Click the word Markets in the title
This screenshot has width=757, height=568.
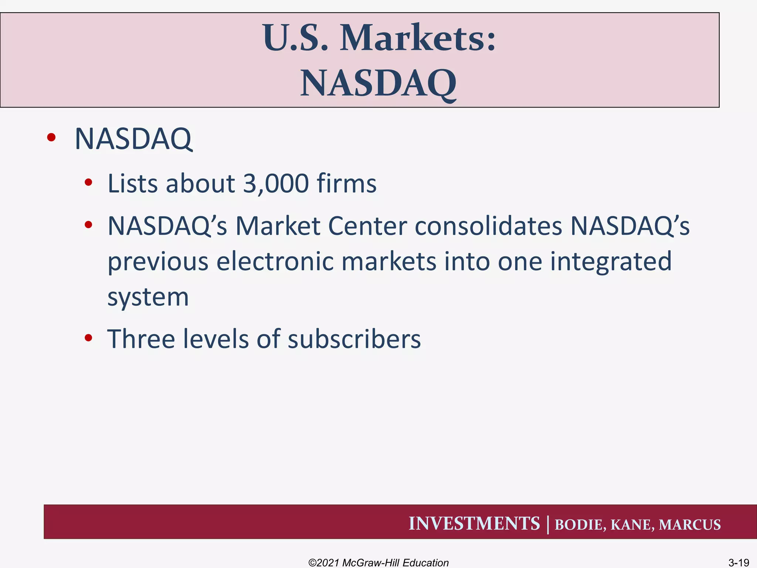418,38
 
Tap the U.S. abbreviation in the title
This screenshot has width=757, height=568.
295,38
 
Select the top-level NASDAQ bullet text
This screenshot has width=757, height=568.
133,139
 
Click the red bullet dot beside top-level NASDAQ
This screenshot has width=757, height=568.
51,138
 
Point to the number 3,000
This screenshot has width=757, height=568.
276,183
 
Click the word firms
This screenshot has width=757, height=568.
347,183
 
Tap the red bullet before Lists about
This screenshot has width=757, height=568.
88,182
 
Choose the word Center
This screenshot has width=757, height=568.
367,226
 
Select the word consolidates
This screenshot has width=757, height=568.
488,226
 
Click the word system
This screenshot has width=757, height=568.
148,297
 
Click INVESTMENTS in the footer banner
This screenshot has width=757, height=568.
474,524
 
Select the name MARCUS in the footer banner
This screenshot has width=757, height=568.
690,525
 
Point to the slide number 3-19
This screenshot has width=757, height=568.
739,563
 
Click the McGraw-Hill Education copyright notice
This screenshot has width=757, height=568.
378,563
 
